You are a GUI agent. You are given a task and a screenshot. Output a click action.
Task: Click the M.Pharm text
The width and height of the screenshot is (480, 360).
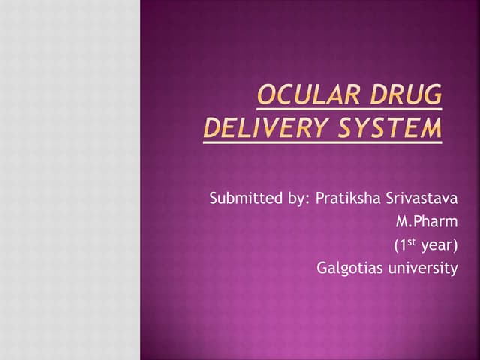(426, 222)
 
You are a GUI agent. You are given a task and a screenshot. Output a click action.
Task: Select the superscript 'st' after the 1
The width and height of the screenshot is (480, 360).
(412, 241)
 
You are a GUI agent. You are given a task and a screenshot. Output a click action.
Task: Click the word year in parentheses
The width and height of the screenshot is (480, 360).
(435, 244)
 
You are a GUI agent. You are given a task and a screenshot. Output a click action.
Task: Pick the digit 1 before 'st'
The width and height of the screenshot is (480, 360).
(403, 244)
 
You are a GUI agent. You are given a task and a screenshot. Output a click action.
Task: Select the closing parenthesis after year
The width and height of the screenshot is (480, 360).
(454, 244)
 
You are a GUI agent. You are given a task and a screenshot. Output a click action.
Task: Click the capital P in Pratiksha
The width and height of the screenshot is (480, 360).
(319, 199)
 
